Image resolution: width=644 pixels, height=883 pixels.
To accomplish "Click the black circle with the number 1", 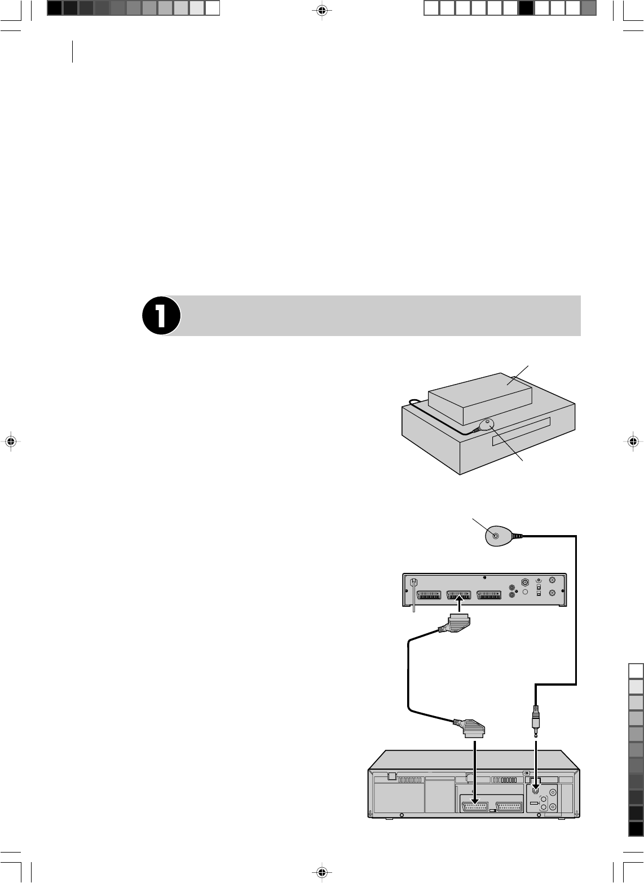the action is point(161,316).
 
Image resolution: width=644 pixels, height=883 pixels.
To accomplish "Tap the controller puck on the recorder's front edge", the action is point(486,425).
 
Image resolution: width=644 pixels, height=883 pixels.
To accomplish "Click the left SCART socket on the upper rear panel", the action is point(429,595).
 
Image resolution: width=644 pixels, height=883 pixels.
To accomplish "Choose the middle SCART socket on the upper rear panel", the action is point(460,595).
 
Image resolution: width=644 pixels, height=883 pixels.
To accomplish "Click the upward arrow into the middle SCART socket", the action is point(460,607).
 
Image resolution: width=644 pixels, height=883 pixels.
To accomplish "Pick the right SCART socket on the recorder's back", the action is point(508,806).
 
